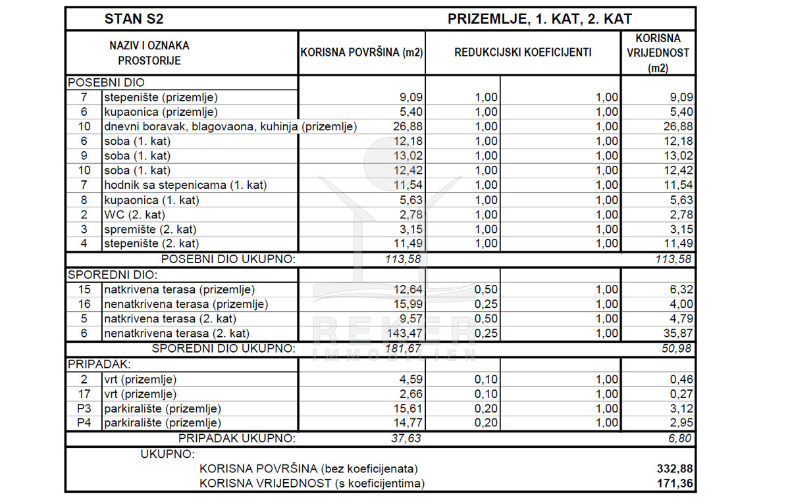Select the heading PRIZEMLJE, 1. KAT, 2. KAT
(540, 19)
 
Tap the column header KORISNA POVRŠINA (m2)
(361, 53)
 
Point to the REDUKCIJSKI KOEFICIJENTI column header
(523, 53)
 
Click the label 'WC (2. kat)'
(134, 214)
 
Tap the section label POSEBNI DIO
(106, 83)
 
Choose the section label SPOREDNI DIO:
(113, 275)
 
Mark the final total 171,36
(675, 484)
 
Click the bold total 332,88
(675, 469)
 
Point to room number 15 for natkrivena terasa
(84, 289)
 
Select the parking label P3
(84, 409)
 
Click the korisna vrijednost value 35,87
(677, 334)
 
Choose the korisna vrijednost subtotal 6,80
(679, 438)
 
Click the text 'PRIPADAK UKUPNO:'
(237, 438)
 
